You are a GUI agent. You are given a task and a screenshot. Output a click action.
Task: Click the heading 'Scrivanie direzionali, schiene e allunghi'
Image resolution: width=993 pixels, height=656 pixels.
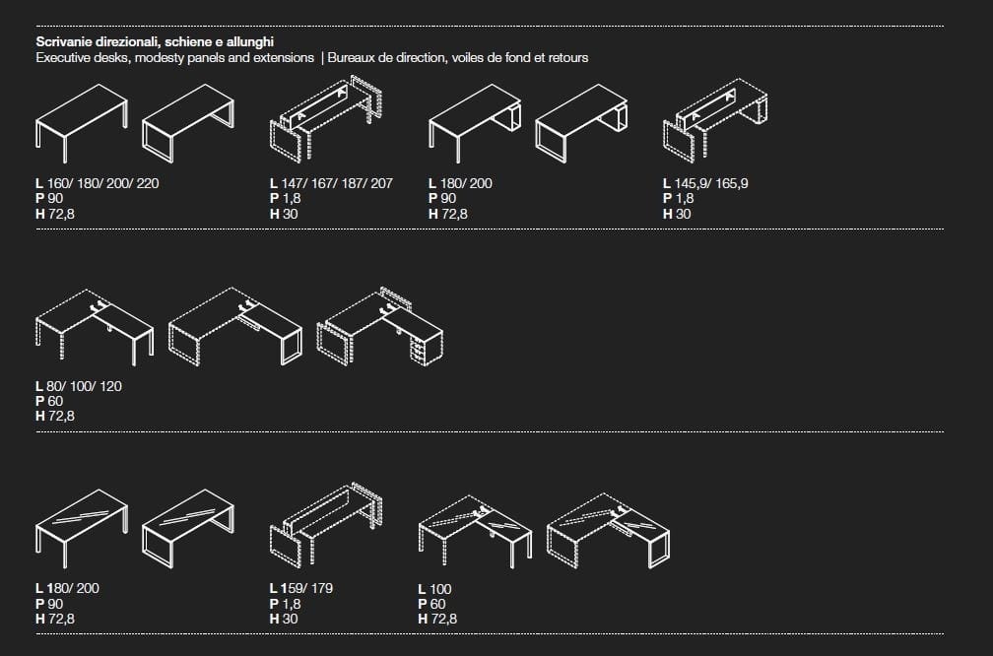coord(155,41)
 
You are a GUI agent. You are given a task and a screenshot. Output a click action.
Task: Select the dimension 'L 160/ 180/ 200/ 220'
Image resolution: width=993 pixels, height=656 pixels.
coord(97,183)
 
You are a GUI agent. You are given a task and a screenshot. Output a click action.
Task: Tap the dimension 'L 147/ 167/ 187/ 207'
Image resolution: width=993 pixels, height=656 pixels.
coord(331,183)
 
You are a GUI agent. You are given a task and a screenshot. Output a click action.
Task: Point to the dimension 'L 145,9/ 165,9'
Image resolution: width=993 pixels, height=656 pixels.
coord(705,183)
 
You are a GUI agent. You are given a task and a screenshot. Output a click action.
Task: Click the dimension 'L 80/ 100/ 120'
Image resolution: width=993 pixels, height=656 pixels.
coord(79,386)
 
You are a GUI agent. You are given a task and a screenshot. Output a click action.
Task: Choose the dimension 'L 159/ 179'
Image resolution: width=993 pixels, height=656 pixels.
coord(301,588)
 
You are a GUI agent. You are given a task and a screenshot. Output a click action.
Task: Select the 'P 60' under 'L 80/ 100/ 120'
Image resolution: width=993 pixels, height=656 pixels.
coord(49,402)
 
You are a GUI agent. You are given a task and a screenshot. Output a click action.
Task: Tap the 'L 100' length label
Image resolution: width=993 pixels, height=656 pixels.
coord(435,589)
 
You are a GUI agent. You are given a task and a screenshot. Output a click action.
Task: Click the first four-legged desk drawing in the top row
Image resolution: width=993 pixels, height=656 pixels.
coord(82,122)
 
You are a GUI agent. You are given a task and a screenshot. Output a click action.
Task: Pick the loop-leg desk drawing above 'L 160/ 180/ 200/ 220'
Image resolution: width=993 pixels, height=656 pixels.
coord(188,122)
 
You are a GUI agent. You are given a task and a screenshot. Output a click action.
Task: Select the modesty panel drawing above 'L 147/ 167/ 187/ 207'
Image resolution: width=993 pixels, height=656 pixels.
coord(327,118)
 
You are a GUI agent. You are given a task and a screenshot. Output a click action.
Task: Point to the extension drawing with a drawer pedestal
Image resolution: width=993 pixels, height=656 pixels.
coord(379,327)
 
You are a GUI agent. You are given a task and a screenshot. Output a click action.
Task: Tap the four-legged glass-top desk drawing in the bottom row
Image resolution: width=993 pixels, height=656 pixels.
coord(82,528)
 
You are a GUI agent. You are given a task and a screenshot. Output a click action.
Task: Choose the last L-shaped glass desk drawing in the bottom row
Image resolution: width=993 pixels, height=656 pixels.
coord(608,531)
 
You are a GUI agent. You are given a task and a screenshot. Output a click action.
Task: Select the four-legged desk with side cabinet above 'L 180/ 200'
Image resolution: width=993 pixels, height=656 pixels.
coord(475,122)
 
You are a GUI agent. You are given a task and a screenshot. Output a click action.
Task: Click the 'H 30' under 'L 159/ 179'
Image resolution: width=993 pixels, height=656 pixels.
coord(284,619)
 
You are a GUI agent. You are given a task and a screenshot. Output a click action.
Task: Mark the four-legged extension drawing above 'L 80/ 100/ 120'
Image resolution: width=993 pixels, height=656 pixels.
coord(95,327)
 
